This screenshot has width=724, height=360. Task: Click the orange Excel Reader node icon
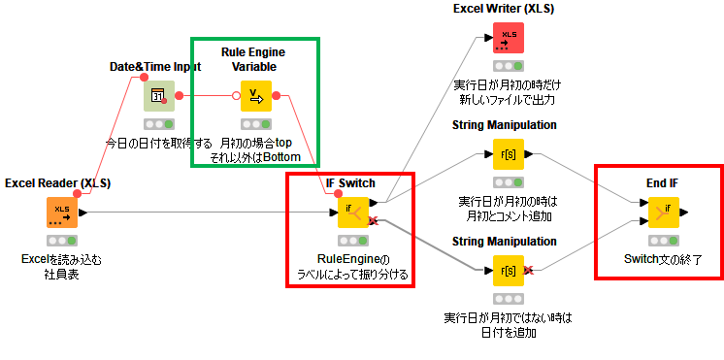[61, 213]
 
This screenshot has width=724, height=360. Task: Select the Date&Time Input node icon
[159, 96]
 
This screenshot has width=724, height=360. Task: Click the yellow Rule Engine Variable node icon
[256, 96]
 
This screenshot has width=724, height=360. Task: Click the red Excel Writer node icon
[508, 38]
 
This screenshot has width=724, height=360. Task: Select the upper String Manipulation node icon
[508, 154]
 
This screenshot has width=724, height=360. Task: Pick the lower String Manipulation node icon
[508, 270]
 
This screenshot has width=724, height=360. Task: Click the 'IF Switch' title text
[350, 182]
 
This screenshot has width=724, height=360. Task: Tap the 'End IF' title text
[663, 182]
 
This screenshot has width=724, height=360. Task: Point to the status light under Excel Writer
[508, 66]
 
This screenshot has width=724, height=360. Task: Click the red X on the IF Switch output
[373, 221]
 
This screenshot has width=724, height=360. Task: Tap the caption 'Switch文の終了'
[663, 259]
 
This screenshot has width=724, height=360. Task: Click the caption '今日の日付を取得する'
[159, 143]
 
